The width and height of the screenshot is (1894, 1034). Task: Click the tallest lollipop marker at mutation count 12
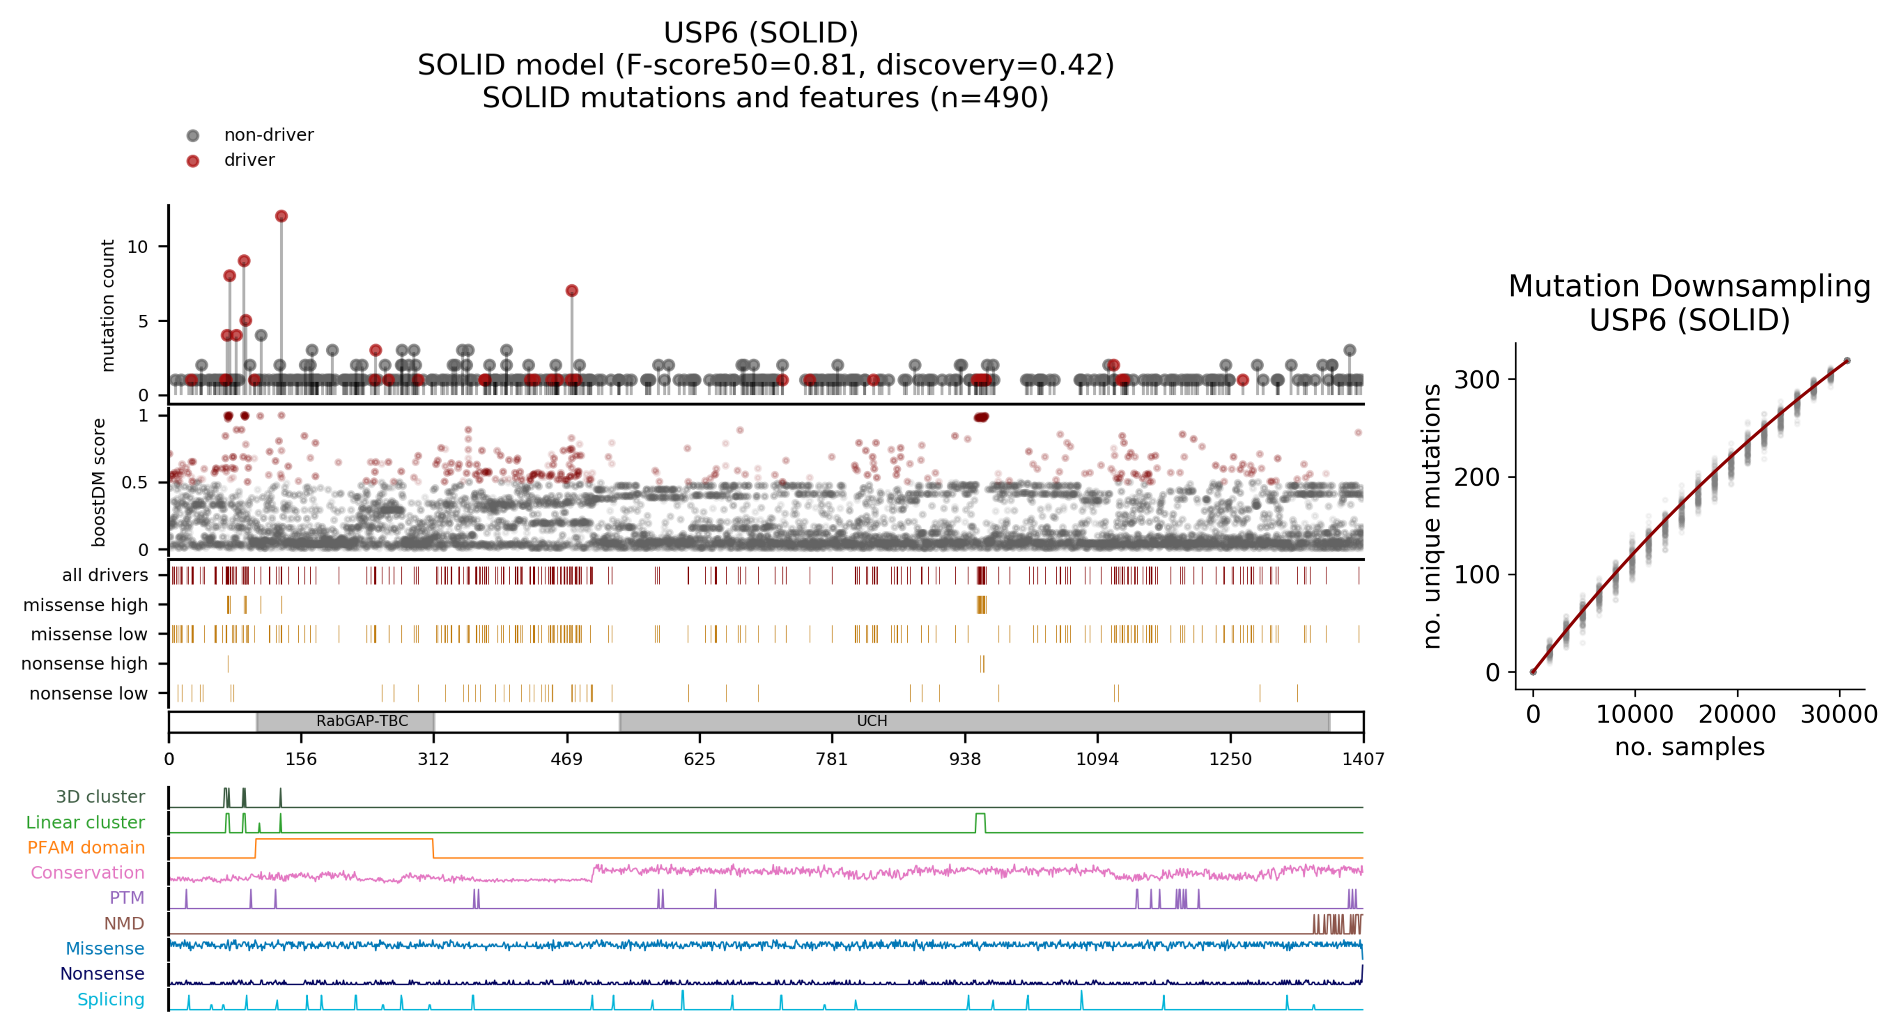point(281,216)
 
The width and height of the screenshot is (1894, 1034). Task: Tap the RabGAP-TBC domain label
point(362,721)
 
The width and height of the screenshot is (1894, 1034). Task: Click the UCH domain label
point(872,721)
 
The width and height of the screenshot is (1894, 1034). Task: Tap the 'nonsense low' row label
point(88,693)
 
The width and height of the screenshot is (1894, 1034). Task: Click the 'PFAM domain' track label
point(86,847)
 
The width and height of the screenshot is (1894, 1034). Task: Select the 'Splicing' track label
point(111,999)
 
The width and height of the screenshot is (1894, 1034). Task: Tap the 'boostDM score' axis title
point(98,482)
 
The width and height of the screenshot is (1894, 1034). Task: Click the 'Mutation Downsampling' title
point(1689,286)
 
